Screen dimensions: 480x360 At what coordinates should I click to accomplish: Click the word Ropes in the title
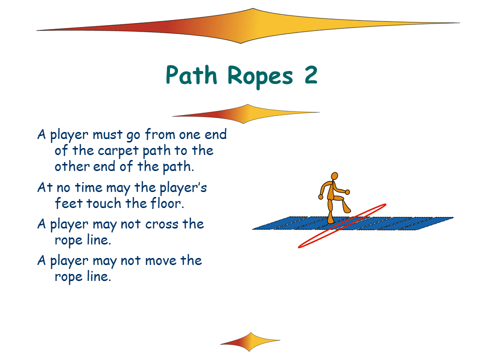click(260, 76)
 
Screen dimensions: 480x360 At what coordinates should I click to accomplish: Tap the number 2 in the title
click(310, 75)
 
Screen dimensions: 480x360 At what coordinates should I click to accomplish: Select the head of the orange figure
click(334, 176)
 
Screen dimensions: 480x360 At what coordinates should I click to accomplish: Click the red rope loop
click(342, 225)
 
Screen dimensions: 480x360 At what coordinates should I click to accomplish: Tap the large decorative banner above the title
click(248, 26)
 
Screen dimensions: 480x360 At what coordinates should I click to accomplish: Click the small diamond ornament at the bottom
click(250, 341)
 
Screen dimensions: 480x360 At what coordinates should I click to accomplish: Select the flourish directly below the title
click(246, 114)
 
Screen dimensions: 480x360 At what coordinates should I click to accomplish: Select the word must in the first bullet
click(107, 134)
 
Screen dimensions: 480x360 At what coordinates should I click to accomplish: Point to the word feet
click(69, 203)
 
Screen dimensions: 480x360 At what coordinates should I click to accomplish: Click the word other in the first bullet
click(72, 166)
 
